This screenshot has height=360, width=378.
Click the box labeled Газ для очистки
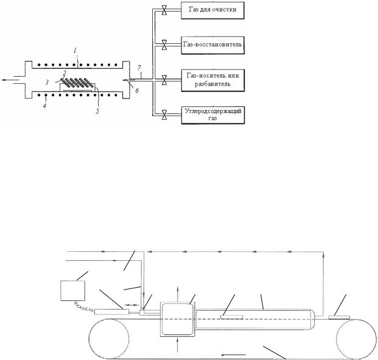pos(212,10)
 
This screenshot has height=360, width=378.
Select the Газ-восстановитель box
pos(212,45)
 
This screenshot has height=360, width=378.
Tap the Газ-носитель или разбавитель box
pos(212,80)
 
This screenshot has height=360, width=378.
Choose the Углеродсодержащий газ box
pos(212,115)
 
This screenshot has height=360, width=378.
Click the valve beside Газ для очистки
pos(164,10)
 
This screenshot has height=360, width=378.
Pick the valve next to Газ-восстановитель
pos(164,45)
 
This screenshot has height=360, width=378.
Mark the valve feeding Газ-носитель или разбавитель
pos(164,80)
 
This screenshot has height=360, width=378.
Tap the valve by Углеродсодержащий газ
pos(164,115)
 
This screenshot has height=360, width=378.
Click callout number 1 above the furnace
pos(75,50)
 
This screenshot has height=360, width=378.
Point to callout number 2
pos(65,73)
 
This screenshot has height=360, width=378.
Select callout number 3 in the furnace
pos(47,82)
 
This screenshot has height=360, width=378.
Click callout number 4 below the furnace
pos(45,106)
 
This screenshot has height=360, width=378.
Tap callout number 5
pos(97,111)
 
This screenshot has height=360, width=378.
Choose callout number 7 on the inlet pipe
pos(139,67)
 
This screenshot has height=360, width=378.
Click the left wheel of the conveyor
pos(109,338)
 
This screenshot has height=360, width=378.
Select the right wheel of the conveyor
pos(356,338)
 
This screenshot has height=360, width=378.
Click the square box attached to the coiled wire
pos(72,291)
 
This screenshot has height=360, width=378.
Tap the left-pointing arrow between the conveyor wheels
pos(233,355)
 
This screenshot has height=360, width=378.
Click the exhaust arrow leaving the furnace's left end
pos(7,80)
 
